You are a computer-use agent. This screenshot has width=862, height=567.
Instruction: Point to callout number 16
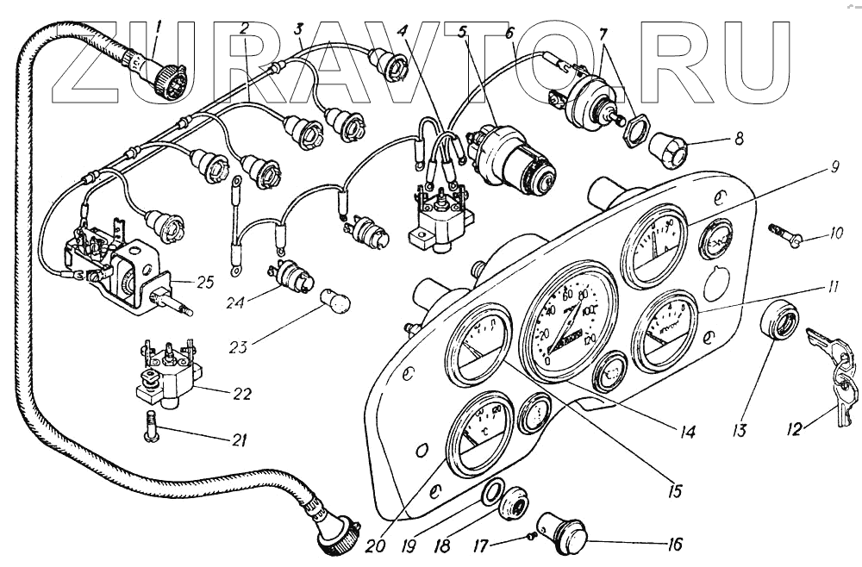(673, 545)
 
